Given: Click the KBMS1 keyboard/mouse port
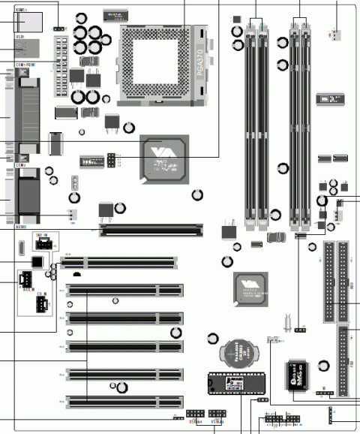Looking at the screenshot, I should coord(30,21).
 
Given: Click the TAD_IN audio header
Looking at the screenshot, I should coord(42,243).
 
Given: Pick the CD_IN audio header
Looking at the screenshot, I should coord(41,303).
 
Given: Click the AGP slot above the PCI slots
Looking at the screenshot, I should coord(152,228).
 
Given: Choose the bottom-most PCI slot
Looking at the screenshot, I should coord(124,401).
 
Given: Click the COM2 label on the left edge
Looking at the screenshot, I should coord(20,165).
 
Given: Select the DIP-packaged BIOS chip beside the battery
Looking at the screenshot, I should coord(233,382).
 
